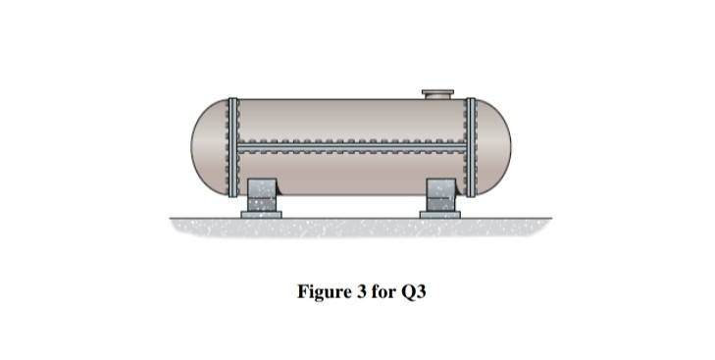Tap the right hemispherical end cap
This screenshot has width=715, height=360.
point(494,147)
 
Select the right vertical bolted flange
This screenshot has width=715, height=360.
point(471,147)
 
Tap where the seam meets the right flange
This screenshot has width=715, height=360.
point(471,150)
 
